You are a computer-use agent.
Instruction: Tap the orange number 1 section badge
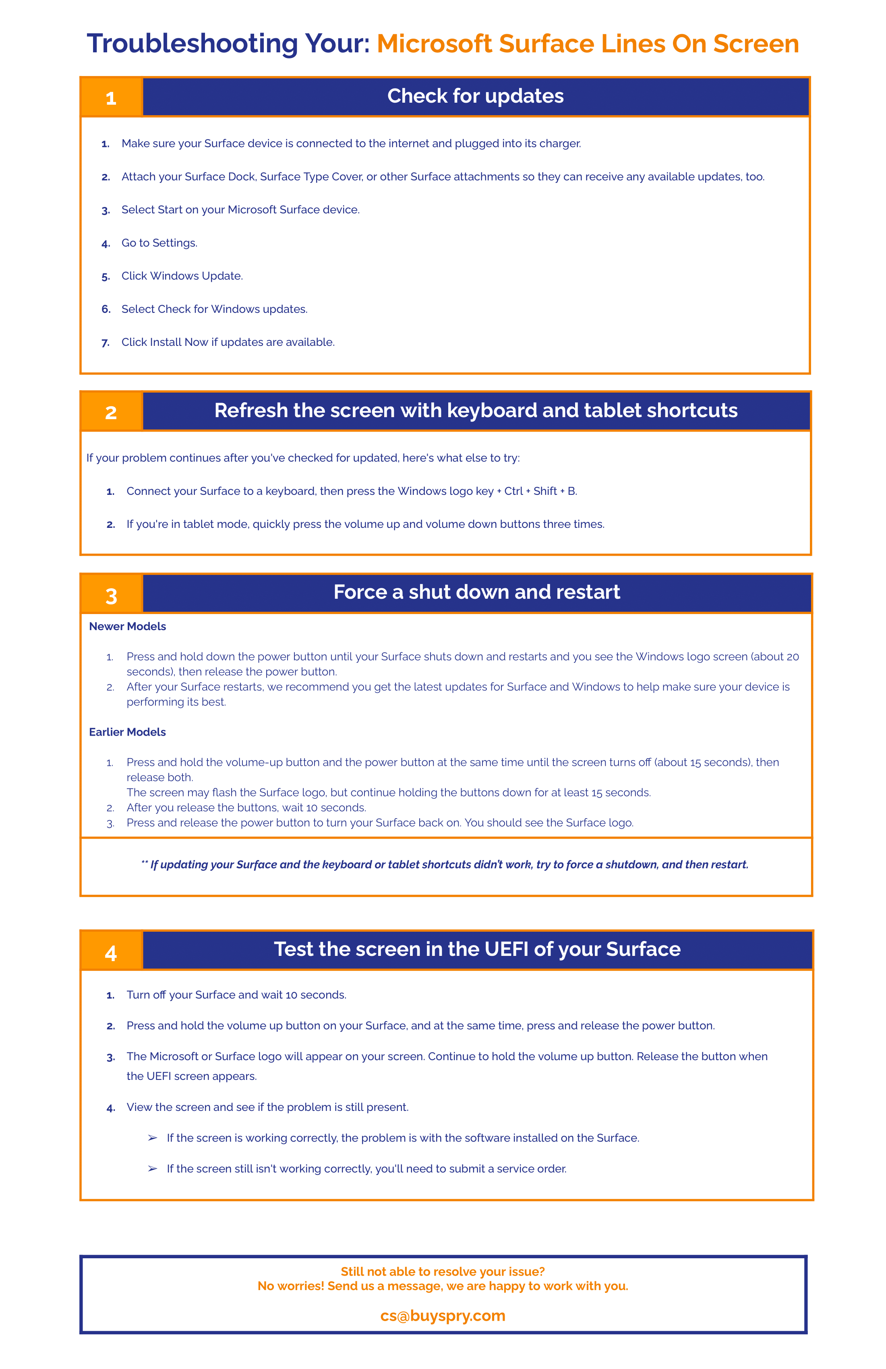pos(111,97)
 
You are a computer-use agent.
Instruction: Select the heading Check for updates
pos(475,96)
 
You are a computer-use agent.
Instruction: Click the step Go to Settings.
pos(159,243)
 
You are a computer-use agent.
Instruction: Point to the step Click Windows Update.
pos(182,276)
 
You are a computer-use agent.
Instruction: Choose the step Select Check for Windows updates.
pos(214,309)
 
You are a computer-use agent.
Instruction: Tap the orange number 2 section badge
pos(111,412)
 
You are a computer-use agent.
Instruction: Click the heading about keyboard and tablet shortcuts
pos(475,411)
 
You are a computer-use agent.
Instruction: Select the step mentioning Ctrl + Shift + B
pos(352,491)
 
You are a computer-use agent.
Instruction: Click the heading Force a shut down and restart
pos(476,592)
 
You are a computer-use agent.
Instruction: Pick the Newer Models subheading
pos(127,627)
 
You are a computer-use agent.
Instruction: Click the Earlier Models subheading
pos(127,732)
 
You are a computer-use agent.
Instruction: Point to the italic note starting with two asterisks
pos(445,864)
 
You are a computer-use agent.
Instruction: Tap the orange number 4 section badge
pos(111,953)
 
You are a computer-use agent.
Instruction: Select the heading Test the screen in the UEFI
pos(476,949)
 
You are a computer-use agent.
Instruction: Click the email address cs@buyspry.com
pos(443,1316)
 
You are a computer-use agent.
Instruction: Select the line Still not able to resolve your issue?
pos(443,1272)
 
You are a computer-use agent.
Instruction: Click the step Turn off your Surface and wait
pos(236,995)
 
